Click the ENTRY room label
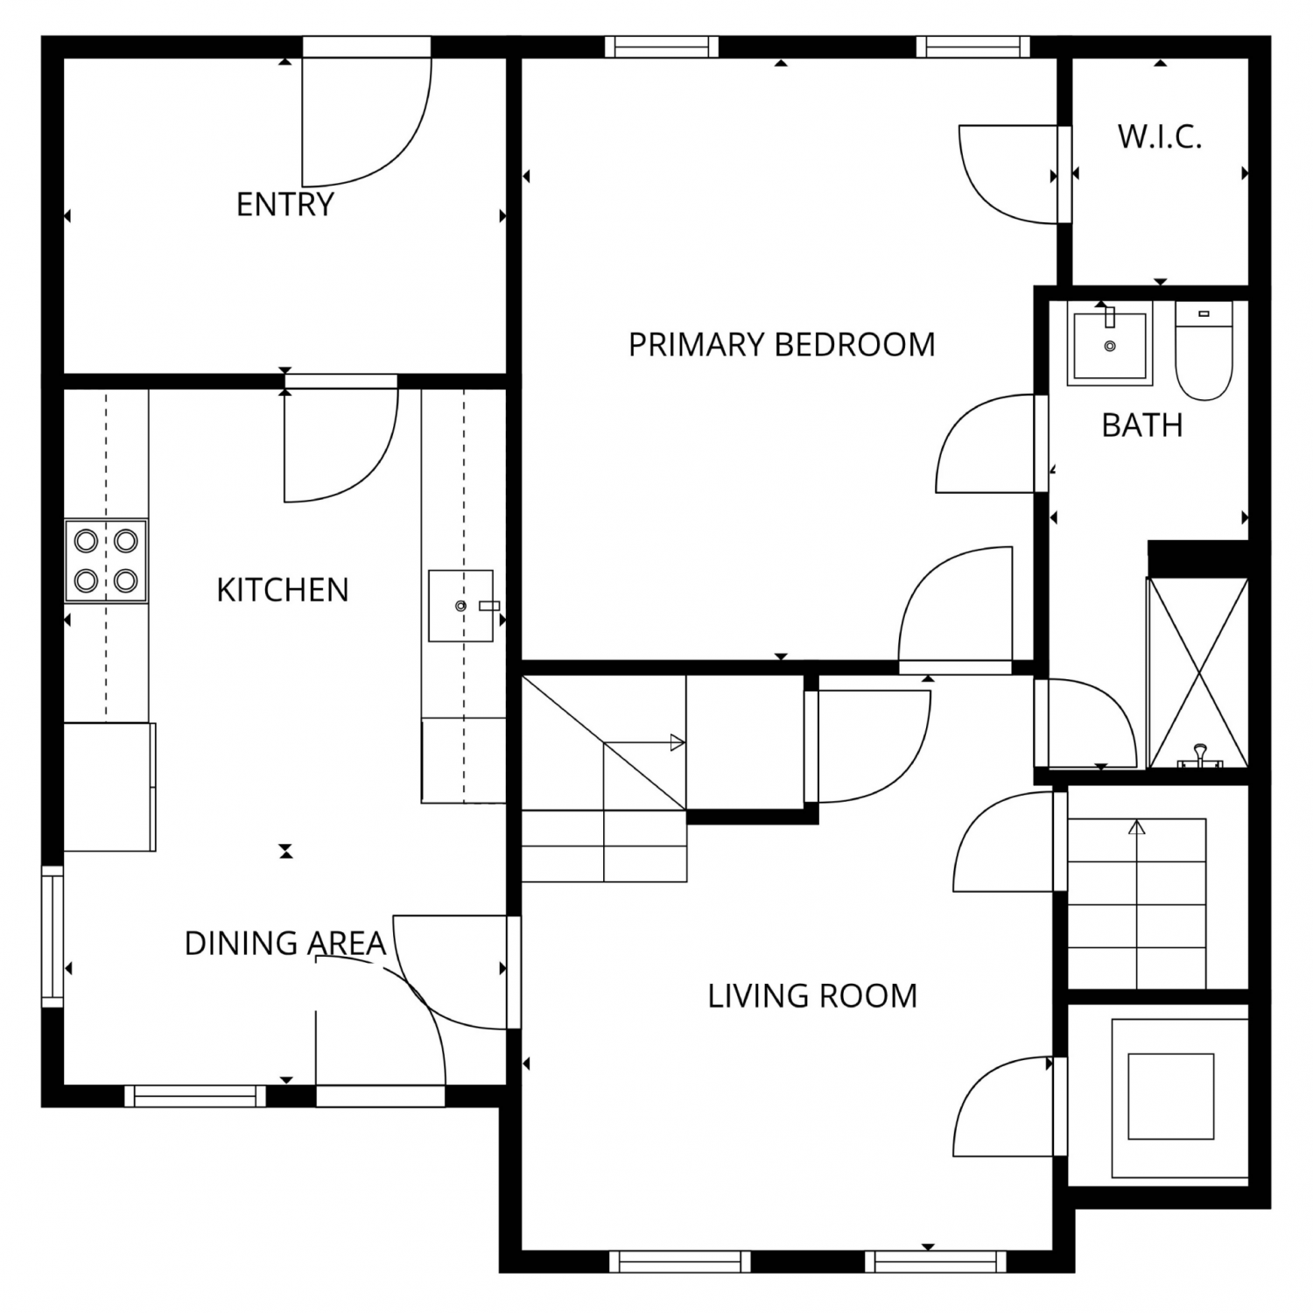tap(285, 205)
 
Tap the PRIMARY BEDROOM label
tap(782, 345)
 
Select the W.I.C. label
tap(1160, 137)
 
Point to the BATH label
tap(1142, 425)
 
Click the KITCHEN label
tap(283, 590)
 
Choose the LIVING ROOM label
tap(812, 996)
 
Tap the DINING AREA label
tap(285, 944)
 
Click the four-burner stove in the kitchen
tap(106, 561)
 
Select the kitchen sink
tap(461, 606)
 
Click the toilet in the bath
tap(1204, 350)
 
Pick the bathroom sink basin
tap(1110, 343)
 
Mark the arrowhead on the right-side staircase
tap(1137, 827)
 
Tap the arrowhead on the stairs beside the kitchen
tap(678, 743)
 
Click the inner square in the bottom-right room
tap(1171, 1097)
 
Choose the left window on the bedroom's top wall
tap(662, 46)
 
